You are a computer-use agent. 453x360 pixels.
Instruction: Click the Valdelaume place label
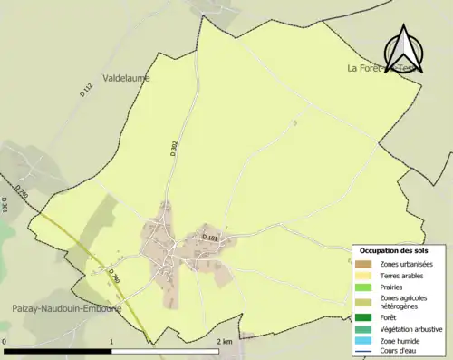[127, 78]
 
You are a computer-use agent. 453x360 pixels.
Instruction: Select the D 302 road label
[174, 148]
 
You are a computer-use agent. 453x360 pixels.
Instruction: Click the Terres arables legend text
[405, 275]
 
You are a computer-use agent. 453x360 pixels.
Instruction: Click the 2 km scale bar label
[226, 342]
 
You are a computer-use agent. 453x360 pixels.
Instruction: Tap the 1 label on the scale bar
[111, 342]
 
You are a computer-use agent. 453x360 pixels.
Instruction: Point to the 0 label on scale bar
[5, 342]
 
